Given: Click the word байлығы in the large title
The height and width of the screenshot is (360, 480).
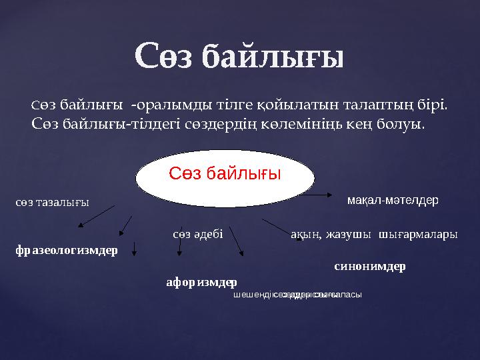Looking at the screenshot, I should [x=273, y=56].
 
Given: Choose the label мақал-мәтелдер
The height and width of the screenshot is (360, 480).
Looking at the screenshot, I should [x=393, y=200].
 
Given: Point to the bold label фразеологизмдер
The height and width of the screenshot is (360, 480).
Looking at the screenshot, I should [x=66, y=251].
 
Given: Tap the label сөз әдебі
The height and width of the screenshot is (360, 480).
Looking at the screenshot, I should [x=197, y=234].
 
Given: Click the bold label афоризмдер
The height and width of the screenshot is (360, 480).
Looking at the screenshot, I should [x=201, y=282].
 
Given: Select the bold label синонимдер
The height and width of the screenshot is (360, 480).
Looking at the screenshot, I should [x=369, y=266].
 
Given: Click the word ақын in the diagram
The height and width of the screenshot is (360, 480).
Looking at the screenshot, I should [x=303, y=234].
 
